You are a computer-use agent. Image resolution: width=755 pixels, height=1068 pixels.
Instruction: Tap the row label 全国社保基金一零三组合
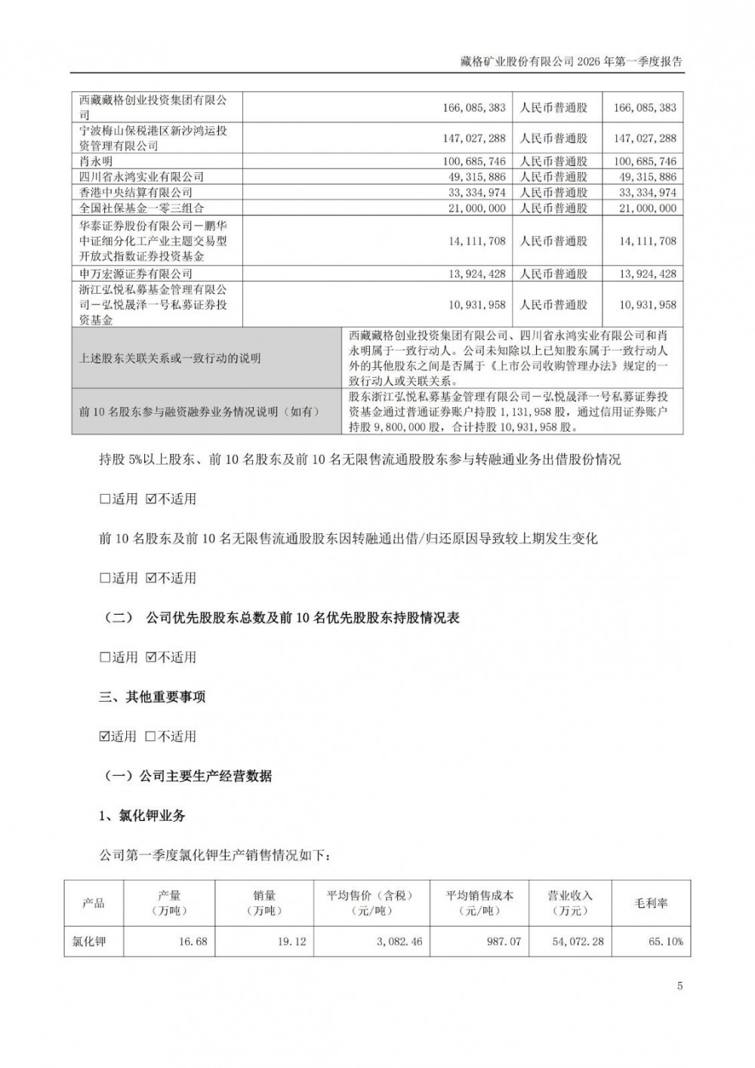point(141,207)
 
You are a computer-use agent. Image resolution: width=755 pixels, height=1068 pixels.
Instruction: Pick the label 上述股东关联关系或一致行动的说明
point(170,358)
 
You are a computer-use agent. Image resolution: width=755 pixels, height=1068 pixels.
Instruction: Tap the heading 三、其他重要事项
point(152,696)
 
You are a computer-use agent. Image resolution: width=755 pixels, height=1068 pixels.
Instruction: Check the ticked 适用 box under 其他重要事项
point(104,736)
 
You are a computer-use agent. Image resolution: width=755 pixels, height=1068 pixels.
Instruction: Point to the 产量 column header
point(169,903)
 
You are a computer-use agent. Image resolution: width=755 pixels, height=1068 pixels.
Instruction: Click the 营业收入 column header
point(570,903)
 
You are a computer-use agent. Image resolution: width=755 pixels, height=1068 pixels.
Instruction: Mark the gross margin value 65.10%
point(664,942)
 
